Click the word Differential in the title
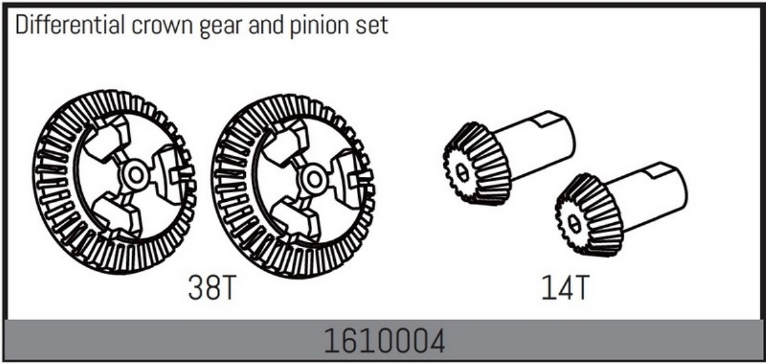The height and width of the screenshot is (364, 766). [70, 25]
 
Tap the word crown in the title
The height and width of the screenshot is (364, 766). [162, 26]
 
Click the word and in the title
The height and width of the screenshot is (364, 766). [266, 25]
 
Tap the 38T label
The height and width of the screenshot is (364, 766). [213, 288]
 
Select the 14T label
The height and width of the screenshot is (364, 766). [566, 288]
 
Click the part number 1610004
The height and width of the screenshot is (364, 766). [384, 341]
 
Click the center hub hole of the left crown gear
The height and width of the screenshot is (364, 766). [136, 175]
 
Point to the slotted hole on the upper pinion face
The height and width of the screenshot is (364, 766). [463, 173]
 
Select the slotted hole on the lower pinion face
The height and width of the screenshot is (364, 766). [574, 224]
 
